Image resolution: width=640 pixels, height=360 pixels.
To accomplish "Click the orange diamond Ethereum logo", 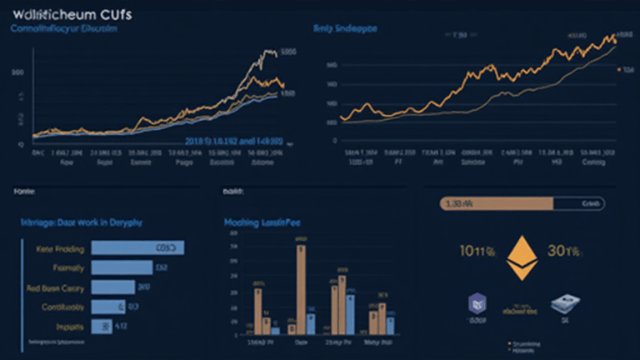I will click(x=523, y=259).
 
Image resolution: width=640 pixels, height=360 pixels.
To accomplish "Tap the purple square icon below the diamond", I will click(x=477, y=309).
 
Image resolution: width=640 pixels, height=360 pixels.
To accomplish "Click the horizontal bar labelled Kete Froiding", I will click(x=137, y=248).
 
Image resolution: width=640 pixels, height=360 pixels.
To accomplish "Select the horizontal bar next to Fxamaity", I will click(x=121, y=267).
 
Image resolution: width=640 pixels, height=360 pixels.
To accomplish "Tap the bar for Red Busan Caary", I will click(x=112, y=287).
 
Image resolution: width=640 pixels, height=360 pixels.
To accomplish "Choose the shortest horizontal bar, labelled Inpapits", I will click(x=102, y=327).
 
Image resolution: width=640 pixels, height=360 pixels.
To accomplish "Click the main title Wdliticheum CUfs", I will click(x=66, y=15).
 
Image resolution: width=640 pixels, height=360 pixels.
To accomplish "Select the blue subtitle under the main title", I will click(x=63, y=29).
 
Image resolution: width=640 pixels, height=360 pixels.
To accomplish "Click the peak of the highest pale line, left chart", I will click(x=270, y=52).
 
